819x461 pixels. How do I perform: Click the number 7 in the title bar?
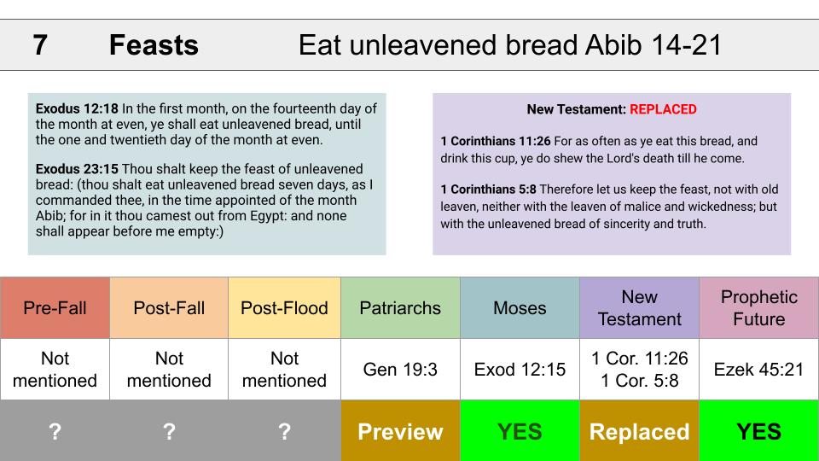[x=40, y=45]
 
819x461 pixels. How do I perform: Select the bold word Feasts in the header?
[x=154, y=45]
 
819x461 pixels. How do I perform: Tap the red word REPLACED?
[x=663, y=109]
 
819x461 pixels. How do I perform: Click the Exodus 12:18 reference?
[x=77, y=108]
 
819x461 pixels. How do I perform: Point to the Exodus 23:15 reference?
[x=77, y=169]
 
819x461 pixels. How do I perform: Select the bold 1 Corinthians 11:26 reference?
[x=495, y=141]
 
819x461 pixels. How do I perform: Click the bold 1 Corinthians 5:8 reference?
[x=488, y=190]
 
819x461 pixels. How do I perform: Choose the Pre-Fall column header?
[x=55, y=308]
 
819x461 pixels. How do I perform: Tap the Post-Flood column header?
[x=284, y=308]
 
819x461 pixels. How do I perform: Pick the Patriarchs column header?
[x=400, y=308]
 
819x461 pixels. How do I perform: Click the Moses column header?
[x=520, y=308]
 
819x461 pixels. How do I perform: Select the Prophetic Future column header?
[x=759, y=308]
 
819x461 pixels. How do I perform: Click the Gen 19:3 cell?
[x=400, y=370]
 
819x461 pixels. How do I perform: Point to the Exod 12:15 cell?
[x=520, y=370]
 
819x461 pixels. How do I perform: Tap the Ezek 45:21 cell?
[x=759, y=370]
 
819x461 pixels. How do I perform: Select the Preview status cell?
[x=400, y=430]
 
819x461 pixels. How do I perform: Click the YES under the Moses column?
[x=520, y=430]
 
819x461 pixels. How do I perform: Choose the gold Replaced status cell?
[x=639, y=430]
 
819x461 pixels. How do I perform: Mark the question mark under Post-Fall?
[x=169, y=432]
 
